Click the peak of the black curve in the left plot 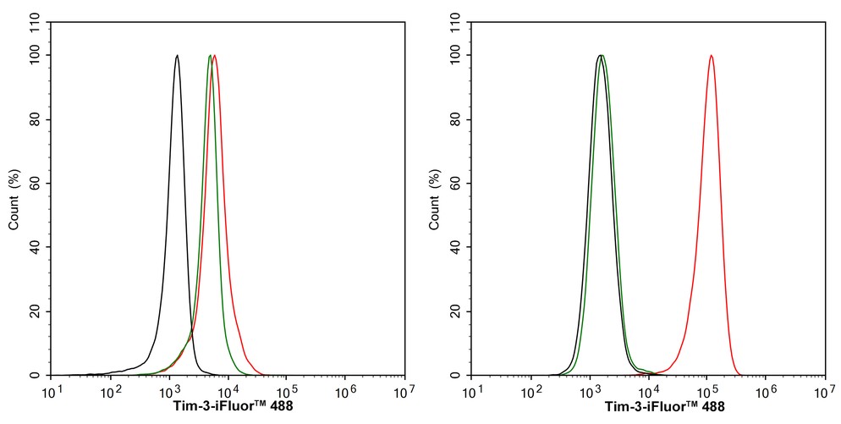coord(177,56)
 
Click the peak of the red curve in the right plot coord(711,56)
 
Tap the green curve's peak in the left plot coord(209,56)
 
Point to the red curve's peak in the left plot coord(215,56)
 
